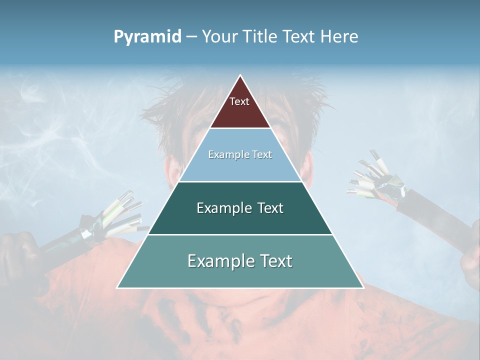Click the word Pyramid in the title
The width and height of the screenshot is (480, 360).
147,37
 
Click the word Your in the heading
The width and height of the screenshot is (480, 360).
219,36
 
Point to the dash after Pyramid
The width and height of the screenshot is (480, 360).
191,37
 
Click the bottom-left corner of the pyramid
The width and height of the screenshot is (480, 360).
118,287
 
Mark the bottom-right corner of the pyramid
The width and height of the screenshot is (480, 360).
362,287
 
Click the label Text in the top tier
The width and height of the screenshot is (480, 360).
239,101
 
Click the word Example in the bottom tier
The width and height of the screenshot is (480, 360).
220,261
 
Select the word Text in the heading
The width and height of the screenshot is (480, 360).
300,36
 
